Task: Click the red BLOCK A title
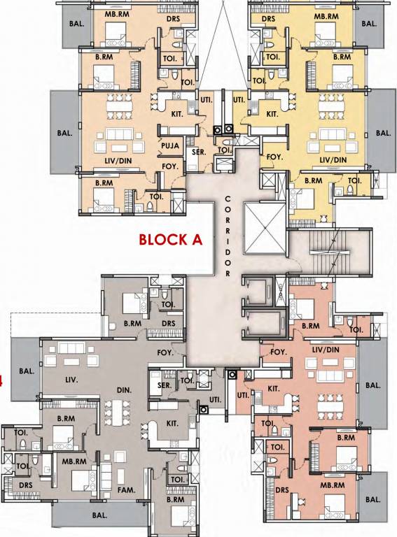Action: (x=170, y=240)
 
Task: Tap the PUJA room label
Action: (x=171, y=146)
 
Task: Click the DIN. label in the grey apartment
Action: (x=125, y=389)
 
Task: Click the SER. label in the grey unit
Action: (x=165, y=385)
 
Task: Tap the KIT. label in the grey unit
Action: (x=172, y=424)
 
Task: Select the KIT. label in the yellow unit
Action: (x=272, y=113)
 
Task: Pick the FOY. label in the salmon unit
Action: (x=279, y=352)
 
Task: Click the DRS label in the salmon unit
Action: (x=284, y=490)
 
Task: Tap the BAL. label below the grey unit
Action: (x=99, y=515)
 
